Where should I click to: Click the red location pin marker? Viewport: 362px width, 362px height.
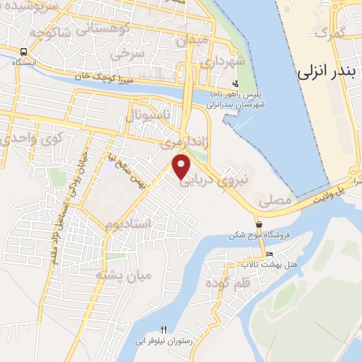coord(182,166)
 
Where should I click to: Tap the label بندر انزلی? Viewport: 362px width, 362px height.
coord(325,71)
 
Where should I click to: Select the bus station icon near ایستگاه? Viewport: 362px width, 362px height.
coord(24,52)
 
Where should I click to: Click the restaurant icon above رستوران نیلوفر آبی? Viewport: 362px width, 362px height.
coord(164,329)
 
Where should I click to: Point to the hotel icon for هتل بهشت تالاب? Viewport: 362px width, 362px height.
coord(269,254)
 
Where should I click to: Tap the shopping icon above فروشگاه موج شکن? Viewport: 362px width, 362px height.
coord(259,226)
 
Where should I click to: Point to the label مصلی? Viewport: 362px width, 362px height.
coord(276,202)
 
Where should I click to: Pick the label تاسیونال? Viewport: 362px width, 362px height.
coord(147,115)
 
